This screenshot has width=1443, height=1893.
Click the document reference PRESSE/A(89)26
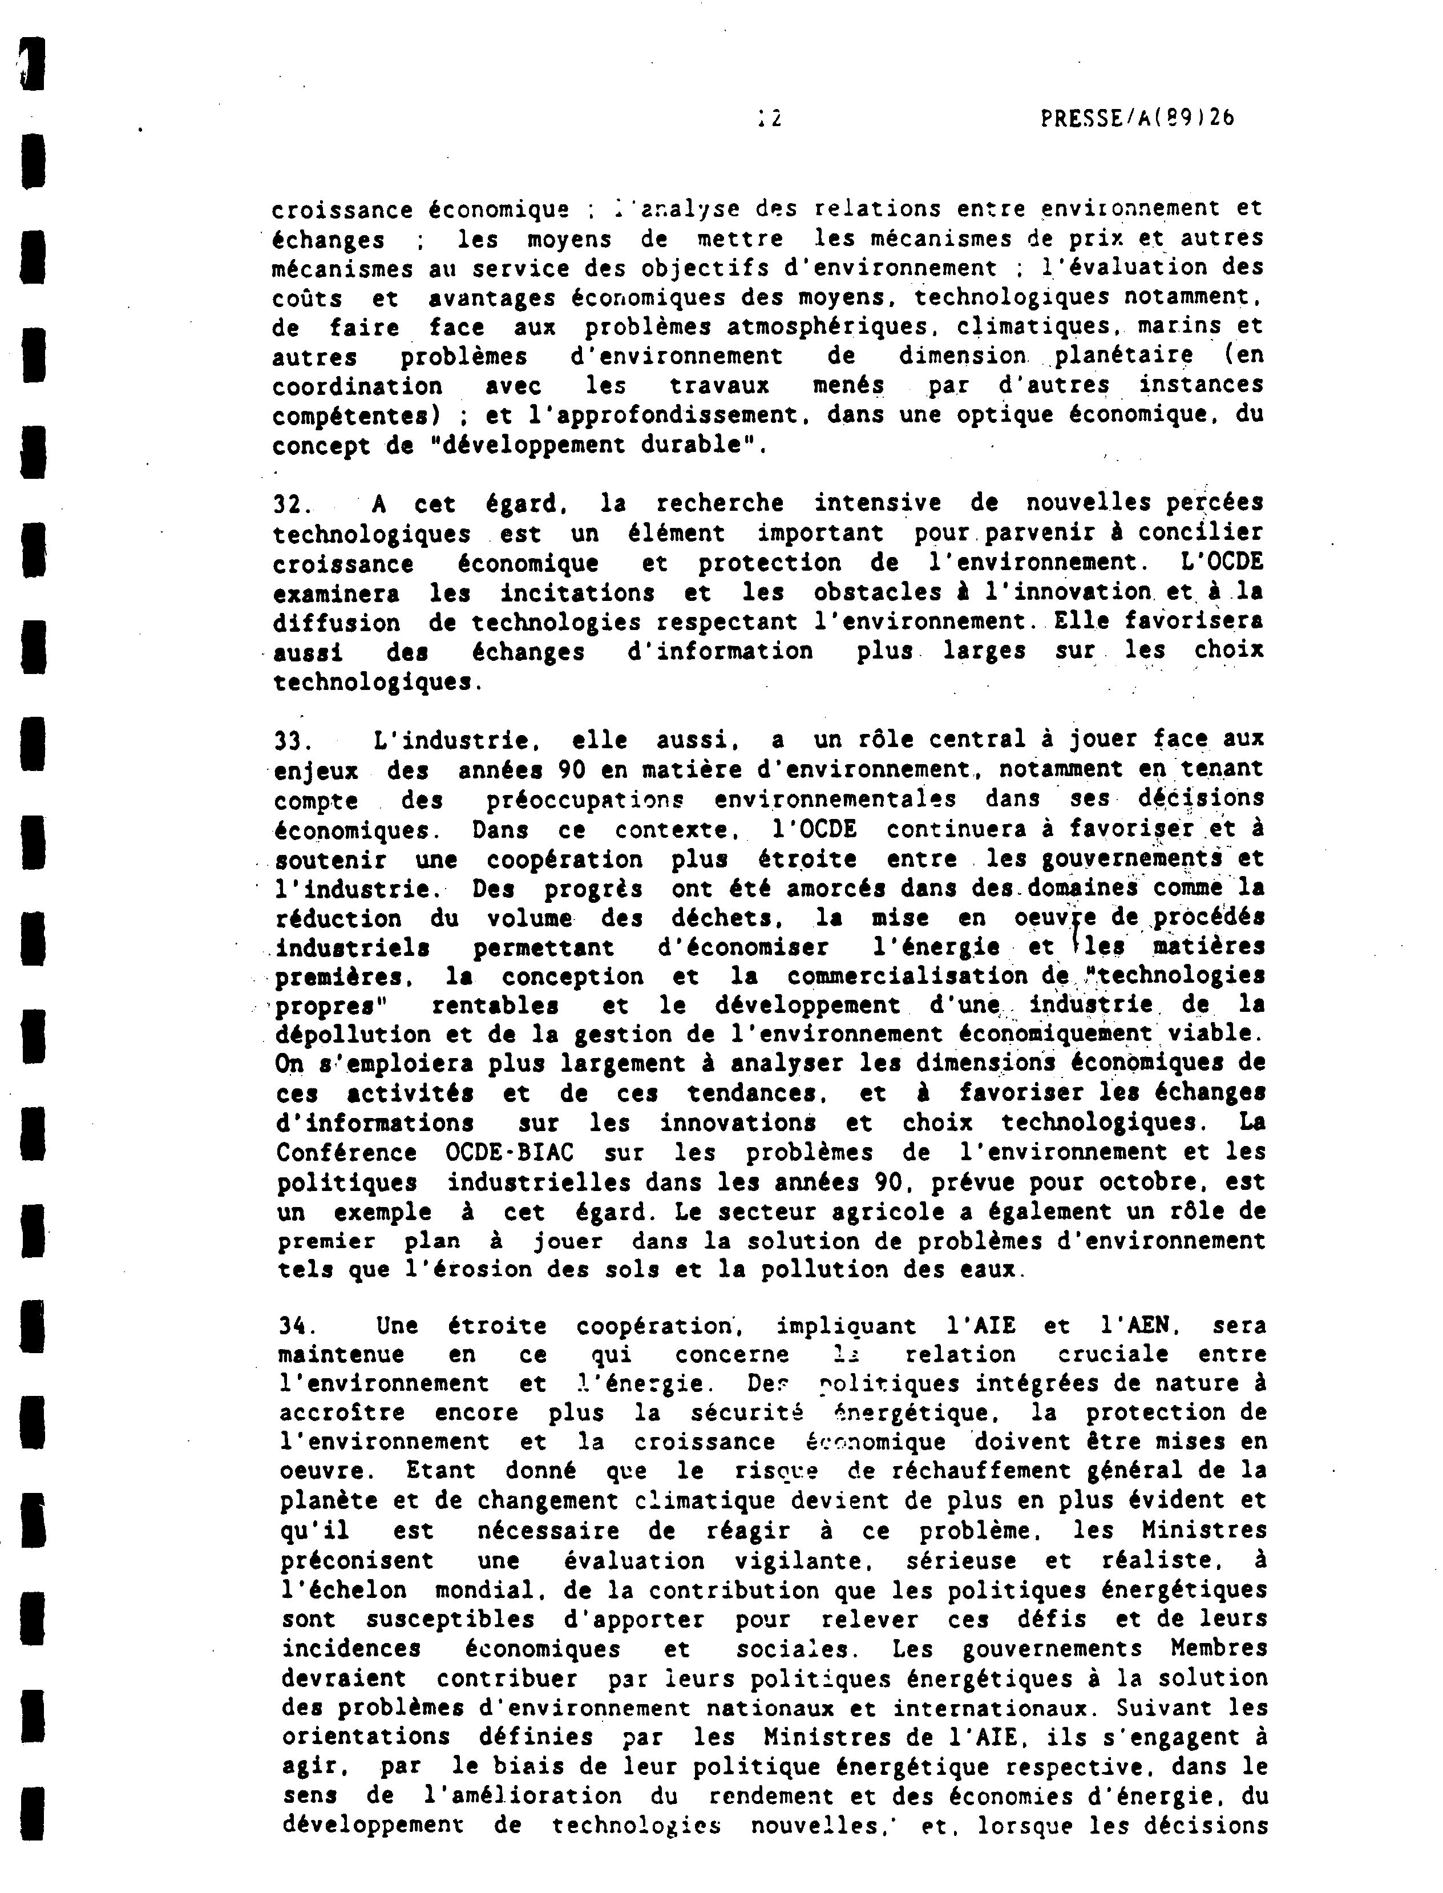tap(1137, 119)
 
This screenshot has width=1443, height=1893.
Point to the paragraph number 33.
tap(292, 740)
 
